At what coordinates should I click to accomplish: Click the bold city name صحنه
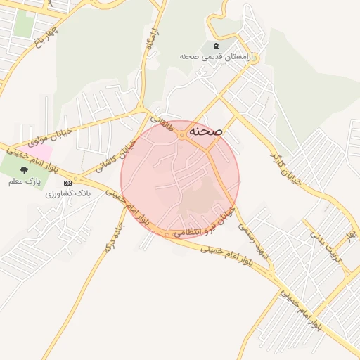click(x=206, y=131)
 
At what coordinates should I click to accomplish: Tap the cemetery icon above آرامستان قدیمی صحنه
click(x=214, y=46)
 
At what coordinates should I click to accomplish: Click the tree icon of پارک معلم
click(x=25, y=170)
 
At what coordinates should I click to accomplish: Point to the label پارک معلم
click(x=25, y=181)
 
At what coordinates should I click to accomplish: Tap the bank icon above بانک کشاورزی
click(x=67, y=183)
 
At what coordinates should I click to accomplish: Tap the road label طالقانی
click(x=160, y=124)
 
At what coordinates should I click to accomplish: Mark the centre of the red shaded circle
click(x=180, y=180)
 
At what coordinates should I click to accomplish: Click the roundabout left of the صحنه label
click(x=181, y=134)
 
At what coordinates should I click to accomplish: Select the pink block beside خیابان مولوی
click(x=40, y=151)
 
